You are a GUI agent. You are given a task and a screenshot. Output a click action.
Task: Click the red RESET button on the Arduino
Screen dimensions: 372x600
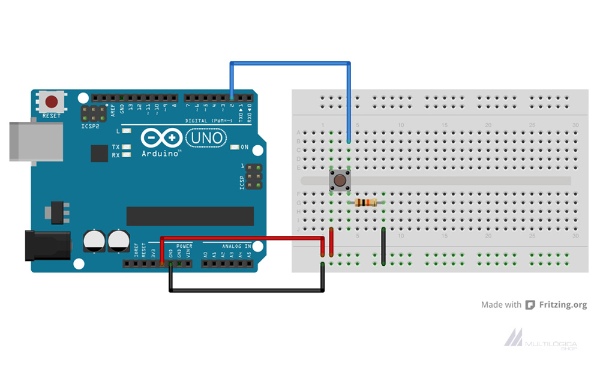(x=52, y=101)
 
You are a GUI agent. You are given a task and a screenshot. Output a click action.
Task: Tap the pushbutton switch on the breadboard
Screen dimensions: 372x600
(x=340, y=180)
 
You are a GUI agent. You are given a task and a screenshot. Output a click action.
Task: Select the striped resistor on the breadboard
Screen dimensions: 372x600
(x=366, y=203)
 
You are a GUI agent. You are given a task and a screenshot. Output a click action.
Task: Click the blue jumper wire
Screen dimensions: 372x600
(x=290, y=63)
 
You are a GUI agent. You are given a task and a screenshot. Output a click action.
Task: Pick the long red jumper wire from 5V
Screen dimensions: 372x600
(x=240, y=238)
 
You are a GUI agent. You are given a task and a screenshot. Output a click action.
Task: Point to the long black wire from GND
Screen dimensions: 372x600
(x=246, y=291)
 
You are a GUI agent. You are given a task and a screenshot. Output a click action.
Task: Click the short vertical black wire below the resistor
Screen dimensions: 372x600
(x=383, y=246)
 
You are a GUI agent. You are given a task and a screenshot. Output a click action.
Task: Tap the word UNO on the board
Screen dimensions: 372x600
(x=206, y=139)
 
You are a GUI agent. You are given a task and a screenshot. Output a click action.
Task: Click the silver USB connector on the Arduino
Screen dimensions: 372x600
(x=36, y=141)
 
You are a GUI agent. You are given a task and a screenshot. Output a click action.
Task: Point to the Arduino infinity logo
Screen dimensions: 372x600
(x=161, y=139)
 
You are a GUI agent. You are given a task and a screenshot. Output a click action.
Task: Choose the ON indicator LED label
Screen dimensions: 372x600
(x=244, y=147)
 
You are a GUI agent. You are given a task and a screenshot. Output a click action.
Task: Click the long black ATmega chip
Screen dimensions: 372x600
(x=190, y=216)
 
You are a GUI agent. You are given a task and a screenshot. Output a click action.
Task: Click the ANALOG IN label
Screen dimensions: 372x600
(x=236, y=246)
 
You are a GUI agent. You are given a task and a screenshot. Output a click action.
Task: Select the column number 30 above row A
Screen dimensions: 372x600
(x=575, y=125)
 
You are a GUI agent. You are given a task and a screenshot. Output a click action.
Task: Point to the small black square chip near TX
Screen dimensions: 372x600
(x=99, y=153)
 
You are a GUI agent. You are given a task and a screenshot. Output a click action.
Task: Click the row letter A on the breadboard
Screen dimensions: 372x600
(x=299, y=133)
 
